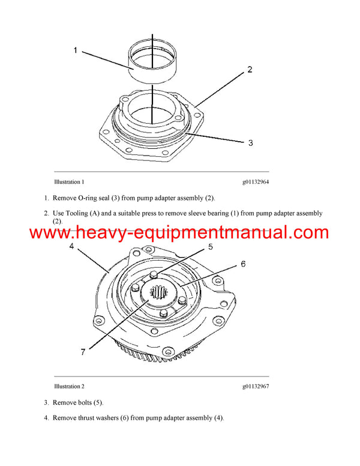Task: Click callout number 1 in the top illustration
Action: click(x=76, y=50)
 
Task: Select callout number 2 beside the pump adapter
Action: click(x=250, y=70)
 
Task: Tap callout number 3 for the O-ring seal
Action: click(x=250, y=142)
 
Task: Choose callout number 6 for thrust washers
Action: click(x=243, y=264)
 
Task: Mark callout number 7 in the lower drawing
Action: click(x=83, y=352)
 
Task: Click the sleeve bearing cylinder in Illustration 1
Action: click(x=152, y=60)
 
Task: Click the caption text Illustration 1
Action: click(x=69, y=181)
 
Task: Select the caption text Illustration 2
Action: click(x=69, y=386)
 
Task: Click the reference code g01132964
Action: click(x=256, y=181)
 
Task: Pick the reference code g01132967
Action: click(x=256, y=386)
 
